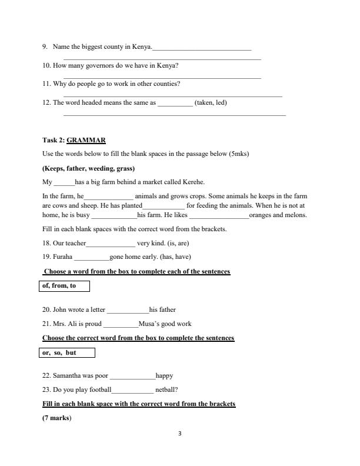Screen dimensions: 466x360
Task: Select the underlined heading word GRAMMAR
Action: pyautogui.click(x=86, y=140)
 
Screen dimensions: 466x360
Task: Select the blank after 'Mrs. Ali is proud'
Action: pyautogui.click(x=120, y=324)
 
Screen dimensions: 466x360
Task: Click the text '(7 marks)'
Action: pyautogui.click(x=57, y=418)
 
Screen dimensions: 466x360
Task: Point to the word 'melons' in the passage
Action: pyautogui.click(x=296, y=215)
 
